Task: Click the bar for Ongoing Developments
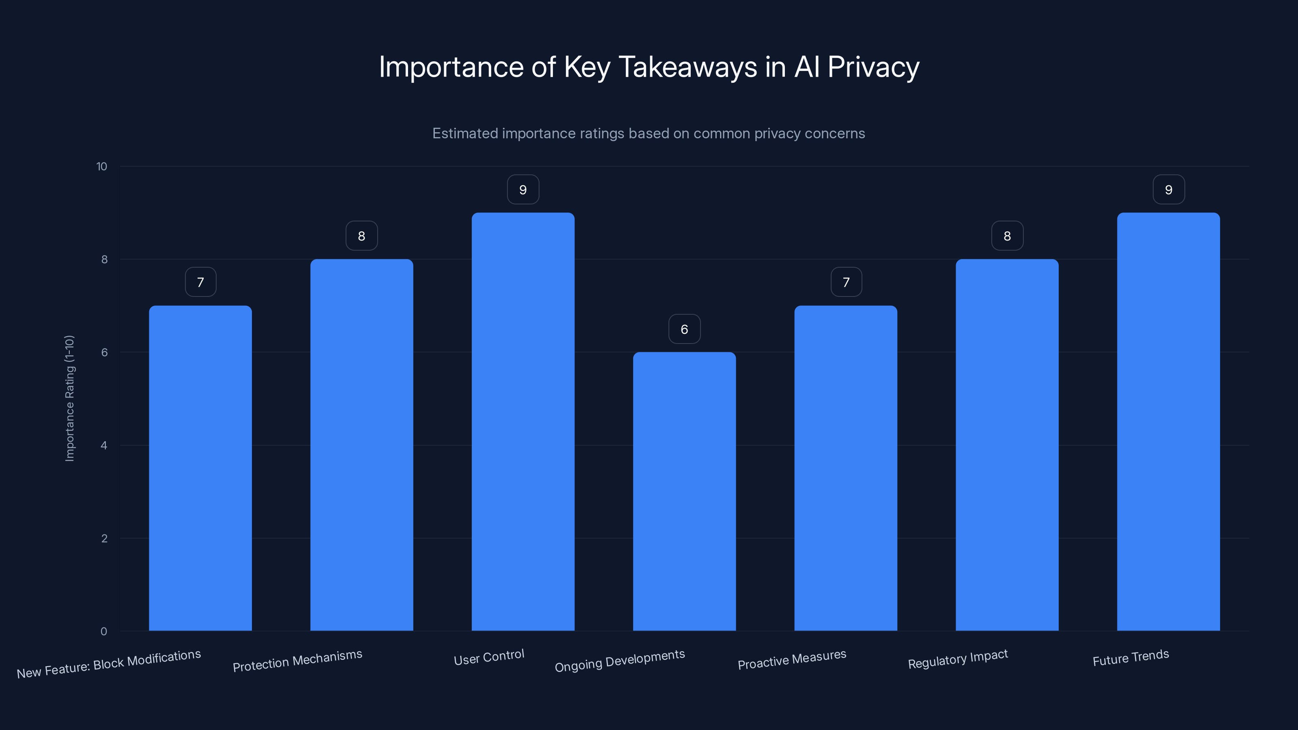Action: (x=684, y=491)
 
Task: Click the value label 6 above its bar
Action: (x=684, y=329)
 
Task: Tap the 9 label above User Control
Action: (x=523, y=189)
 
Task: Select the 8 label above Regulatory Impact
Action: (x=1007, y=236)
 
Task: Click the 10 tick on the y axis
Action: (x=102, y=166)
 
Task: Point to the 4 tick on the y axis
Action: (x=104, y=445)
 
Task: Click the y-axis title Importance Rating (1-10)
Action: (x=69, y=398)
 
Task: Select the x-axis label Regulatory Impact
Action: (x=958, y=659)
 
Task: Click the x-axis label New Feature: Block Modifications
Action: (x=109, y=663)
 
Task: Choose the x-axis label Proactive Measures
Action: (x=792, y=659)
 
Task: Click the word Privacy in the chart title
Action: (x=873, y=67)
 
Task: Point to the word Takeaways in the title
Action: (x=687, y=67)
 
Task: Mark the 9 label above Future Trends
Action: (x=1169, y=189)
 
